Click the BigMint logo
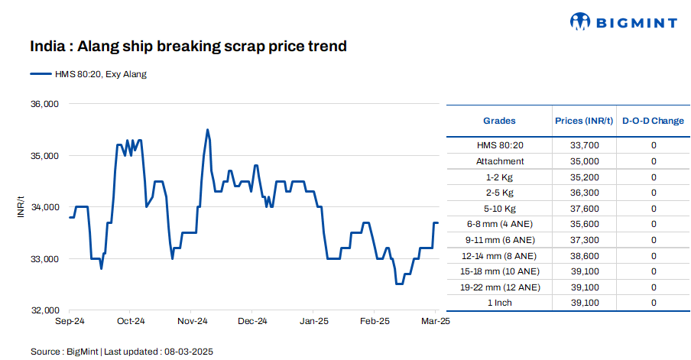624,22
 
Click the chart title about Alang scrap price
189,47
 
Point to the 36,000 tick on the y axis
44,104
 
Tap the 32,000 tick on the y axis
44,310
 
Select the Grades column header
499,121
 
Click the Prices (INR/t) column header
584,121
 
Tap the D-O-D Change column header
653,121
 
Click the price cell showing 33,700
584,145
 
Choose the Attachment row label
499,161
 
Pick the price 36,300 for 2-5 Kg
584,193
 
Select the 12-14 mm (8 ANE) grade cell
499,255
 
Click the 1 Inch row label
499,303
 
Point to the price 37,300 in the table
584,240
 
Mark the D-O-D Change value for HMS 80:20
654,145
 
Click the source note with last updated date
122,352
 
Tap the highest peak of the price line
207,130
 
